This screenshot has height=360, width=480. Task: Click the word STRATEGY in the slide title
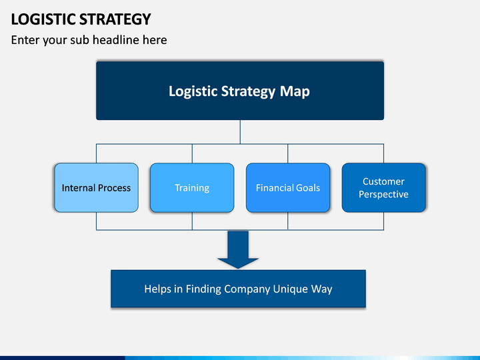pyautogui.click(x=115, y=19)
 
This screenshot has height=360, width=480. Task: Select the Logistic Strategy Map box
pyautogui.click(x=240, y=91)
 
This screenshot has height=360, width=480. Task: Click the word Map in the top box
pyautogui.click(x=295, y=91)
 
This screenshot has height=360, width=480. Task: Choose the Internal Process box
pyautogui.click(x=96, y=187)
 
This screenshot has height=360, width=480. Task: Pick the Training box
pyautogui.click(x=192, y=187)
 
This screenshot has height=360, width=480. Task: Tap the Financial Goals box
pyautogui.click(x=288, y=187)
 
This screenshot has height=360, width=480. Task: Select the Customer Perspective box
pyautogui.click(x=383, y=187)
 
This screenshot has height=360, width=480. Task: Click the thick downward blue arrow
pyautogui.click(x=238, y=249)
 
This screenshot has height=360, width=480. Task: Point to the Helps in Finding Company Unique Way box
pyautogui.click(x=238, y=289)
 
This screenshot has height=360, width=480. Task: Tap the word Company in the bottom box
pyautogui.click(x=247, y=289)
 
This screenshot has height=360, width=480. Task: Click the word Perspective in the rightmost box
pyautogui.click(x=383, y=195)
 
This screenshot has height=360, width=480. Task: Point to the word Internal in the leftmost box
pyautogui.click(x=79, y=187)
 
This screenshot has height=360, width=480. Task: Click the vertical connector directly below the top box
pyautogui.click(x=240, y=132)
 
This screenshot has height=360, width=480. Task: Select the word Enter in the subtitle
pyautogui.click(x=25, y=40)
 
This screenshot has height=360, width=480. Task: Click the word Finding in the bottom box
pyautogui.click(x=203, y=289)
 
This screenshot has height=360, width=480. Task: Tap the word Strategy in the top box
pyautogui.click(x=248, y=91)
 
